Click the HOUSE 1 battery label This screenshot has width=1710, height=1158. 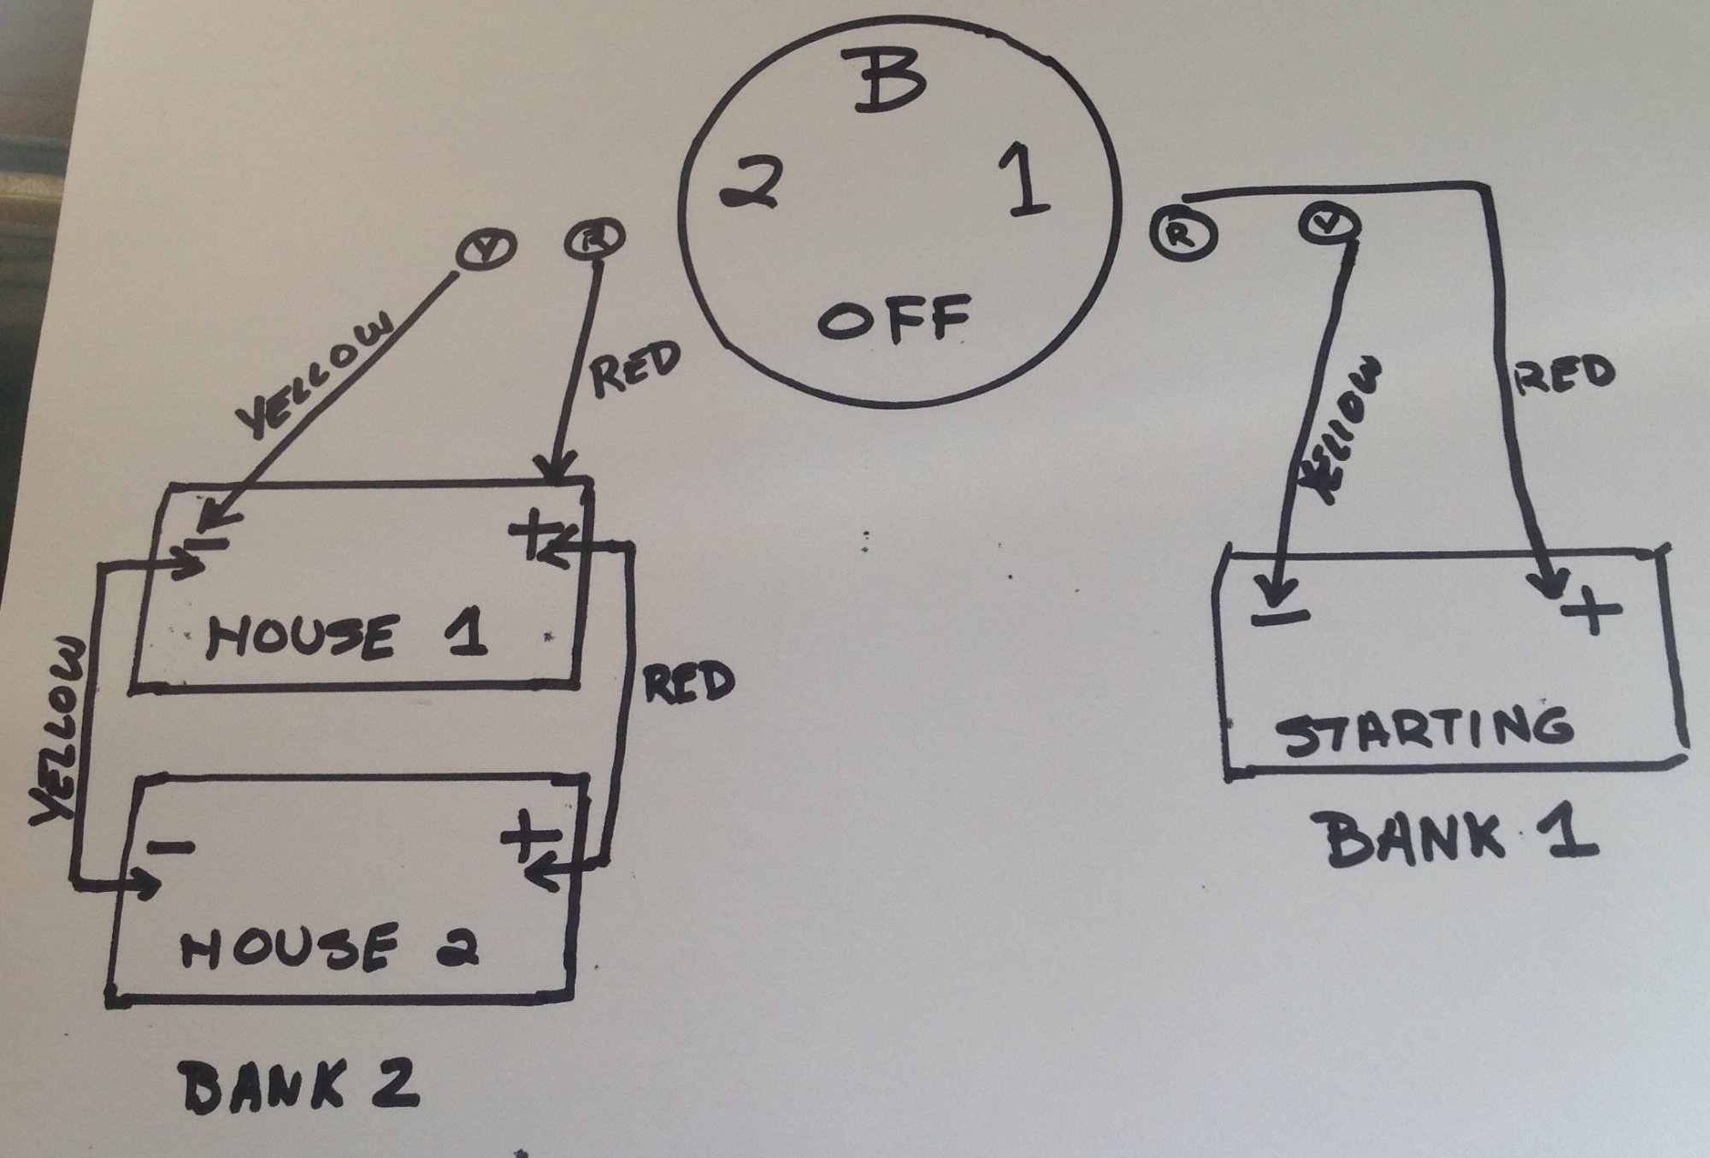pos(346,636)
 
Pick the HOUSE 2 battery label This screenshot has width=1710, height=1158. pos(330,948)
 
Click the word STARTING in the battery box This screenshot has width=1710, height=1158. pos(1424,730)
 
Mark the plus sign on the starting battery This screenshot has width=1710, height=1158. pos(1591,610)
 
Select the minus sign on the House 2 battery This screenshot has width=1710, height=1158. pos(170,847)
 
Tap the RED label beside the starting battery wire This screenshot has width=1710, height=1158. pos(1564,375)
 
